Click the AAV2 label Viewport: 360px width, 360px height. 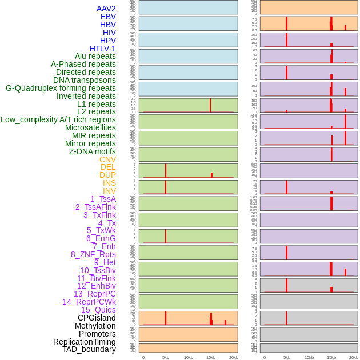[x=106, y=9]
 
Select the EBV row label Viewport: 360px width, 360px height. [x=108, y=17]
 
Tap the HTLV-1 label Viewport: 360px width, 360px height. [x=102, y=49]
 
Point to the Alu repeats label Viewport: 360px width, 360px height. [x=95, y=56]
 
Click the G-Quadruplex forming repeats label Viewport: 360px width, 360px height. [x=61, y=88]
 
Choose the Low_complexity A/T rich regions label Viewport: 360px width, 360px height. [x=58, y=119]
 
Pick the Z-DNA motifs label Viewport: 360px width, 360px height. [x=92, y=151]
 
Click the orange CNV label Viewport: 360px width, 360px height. [x=107, y=159]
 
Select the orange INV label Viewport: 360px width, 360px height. [x=109, y=191]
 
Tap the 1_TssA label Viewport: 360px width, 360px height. [x=103, y=199]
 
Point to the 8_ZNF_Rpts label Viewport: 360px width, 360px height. [x=93, y=254]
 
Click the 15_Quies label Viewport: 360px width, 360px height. [x=98, y=310]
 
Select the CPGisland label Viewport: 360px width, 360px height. [x=97, y=318]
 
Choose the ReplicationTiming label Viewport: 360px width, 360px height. [x=84, y=342]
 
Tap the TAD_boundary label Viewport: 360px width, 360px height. [x=89, y=349]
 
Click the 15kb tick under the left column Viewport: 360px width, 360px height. [x=211, y=357]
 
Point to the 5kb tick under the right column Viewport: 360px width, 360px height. [x=287, y=357]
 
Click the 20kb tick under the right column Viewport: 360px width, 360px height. [x=354, y=357]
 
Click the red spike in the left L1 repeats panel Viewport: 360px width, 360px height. [x=210, y=105]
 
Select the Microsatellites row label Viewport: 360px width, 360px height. [x=90, y=127]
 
